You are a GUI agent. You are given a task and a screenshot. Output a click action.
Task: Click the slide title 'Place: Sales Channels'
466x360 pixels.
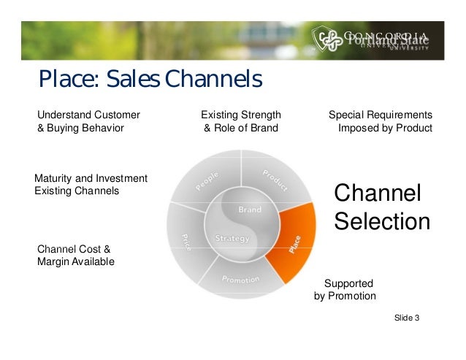(x=150, y=79)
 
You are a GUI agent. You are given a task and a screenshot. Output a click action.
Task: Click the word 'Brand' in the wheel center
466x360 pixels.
(x=249, y=210)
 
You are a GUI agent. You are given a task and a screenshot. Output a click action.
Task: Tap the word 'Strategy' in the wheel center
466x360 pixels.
(x=232, y=239)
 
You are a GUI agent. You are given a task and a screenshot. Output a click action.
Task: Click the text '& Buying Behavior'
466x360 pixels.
(x=80, y=129)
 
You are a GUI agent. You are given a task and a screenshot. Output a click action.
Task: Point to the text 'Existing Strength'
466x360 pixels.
(x=240, y=115)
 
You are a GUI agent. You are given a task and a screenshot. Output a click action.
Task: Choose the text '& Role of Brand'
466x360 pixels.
(x=240, y=129)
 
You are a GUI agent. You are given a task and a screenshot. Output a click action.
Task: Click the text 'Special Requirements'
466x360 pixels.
(x=380, y=115)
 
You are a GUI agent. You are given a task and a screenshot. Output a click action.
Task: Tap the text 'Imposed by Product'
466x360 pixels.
(x=385, y=129)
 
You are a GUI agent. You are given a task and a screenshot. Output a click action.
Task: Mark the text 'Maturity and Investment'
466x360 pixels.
(x=91, y=178)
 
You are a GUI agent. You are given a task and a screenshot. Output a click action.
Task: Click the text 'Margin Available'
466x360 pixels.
(x=75, y=261)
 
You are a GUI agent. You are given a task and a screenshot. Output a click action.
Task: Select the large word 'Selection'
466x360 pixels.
(x=382, y=221)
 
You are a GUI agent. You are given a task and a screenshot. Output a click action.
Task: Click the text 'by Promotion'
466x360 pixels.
(x=345, y=296)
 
